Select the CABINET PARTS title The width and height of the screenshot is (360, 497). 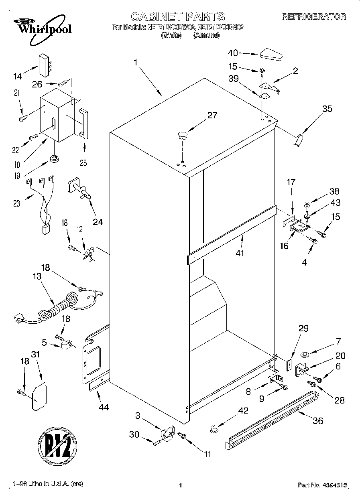(x=178, y=16)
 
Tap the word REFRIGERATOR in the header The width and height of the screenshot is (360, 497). (x=314, y=16)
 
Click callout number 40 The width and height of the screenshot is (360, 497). (x=233, y=53)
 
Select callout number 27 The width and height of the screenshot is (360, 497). (x=212, y=116)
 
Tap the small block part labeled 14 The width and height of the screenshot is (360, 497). (x=45, y=64)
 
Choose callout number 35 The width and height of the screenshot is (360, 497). (x=327, y=109)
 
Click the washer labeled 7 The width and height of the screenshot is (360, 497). (x=304, y=354)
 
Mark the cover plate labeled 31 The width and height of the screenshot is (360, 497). (x=39, y=397)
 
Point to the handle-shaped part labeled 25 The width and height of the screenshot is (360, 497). (x=83, y=124)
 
